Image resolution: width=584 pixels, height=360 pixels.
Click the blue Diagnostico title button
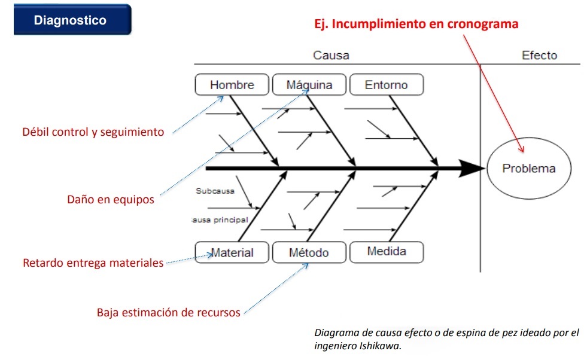[x=72, y=20]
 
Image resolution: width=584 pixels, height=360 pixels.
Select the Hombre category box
[x=232, y=84]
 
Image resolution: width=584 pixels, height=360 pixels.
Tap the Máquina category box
[x=309, y=84]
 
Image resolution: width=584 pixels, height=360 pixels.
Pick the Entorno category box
[x=387, y=84]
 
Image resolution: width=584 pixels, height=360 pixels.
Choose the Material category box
[x=232, y=252]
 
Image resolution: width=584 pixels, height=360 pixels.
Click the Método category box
[x=309, y=252]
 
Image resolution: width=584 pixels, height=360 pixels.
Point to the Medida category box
[x=387, y=252]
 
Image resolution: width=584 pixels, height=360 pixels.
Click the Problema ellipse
[x=529, y=168]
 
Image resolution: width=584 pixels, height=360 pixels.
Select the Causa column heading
[x=331, y=55]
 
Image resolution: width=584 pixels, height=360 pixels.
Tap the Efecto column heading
[x=539, y=55]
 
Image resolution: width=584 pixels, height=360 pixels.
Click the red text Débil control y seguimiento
[x=93, y=132]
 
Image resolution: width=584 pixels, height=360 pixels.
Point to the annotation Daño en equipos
[x=111, y=200]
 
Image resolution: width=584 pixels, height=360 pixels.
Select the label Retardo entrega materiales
[x=93, y=263]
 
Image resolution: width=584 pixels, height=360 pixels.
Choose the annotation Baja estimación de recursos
[x=168, y=312]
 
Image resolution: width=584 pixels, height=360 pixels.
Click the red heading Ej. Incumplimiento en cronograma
[x=416, y=24]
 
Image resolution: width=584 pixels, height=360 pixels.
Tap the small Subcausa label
[x=215, y=191]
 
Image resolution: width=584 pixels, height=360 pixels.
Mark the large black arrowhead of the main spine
[x=472, y=168]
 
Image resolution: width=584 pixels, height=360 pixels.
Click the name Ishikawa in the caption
[x=379, y=346]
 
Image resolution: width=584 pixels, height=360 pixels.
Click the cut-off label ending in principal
[x=220, y=220]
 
